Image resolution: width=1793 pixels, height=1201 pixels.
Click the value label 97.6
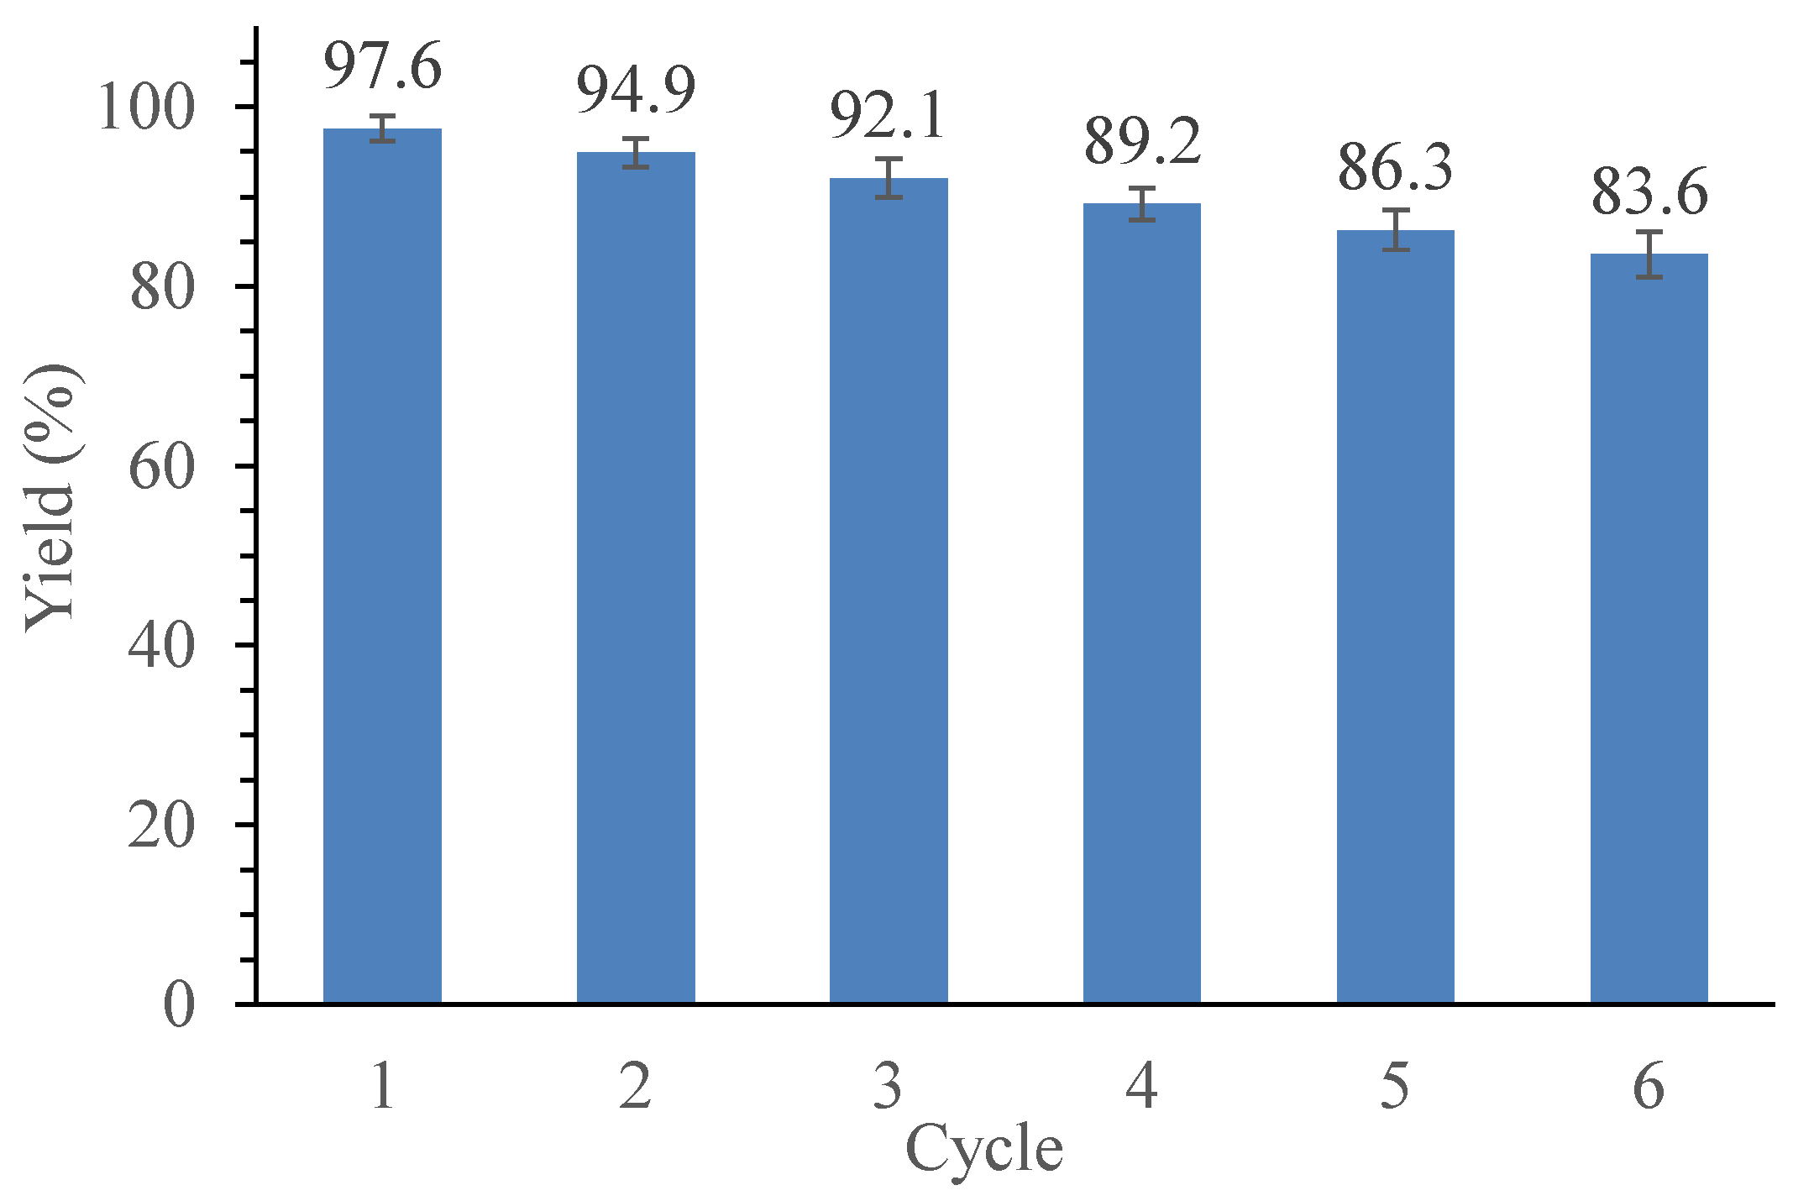click(x=382, y=66)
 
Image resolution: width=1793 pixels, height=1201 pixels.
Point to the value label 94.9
click(x=636, y=90)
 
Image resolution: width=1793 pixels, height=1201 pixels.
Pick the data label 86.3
click(x=1395, y=167)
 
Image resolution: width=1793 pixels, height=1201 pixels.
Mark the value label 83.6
click(x=1649, y=192)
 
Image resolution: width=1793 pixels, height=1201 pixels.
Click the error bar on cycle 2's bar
click(x=636, y=153)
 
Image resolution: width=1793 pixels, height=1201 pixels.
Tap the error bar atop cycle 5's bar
click(x=1396, y=229)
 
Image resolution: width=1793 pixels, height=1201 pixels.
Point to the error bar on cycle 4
click(x=1142, y=204)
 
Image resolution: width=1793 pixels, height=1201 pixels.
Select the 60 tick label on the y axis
click(x=162, y=467)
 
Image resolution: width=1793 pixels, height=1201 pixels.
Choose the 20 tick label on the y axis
click(x=162, y=826)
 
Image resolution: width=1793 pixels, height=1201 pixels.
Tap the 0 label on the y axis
click(x=179, y=1004)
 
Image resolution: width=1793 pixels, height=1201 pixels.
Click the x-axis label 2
click(x=636, y=1086)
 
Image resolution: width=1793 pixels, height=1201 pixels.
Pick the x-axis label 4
click(x=1142, y=1086)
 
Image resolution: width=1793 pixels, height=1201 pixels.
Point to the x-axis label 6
click(x=1649, y=1086)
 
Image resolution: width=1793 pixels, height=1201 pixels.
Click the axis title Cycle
click(x=984, y=1148)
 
